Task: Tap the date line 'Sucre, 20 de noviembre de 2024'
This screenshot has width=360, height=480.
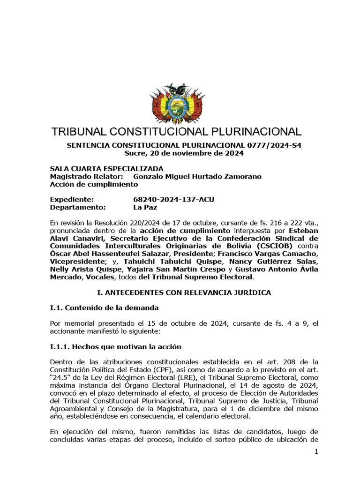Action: click(184, 153)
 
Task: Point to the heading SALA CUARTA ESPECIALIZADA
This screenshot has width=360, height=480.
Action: click(107, 169)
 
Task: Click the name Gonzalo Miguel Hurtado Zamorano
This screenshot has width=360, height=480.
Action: click(197, 176)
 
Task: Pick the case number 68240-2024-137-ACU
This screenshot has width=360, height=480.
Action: click(173, 199)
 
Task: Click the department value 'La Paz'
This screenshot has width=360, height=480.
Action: click(145, 207)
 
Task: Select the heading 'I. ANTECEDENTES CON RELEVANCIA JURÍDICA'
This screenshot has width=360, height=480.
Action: click(184, 292)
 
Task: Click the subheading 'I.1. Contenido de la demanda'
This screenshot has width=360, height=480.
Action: click(105, 308)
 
